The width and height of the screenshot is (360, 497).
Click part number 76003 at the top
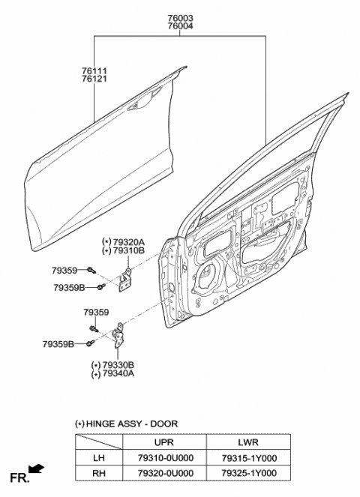click(x=180, y=18)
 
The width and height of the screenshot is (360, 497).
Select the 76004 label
click(x=180, y=26)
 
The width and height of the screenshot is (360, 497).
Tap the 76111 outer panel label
click(x=94, y=70)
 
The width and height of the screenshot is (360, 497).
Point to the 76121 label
click(x=94, y=79)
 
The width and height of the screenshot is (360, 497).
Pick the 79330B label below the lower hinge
click(x=117, y=365)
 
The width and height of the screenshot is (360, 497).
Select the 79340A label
click(x=117, y=374)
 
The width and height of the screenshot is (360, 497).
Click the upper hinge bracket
click(x=125, y=280)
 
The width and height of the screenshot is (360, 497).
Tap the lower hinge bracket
click(x=119, y=336)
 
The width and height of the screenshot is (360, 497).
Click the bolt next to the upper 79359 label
click(x=91, y=270)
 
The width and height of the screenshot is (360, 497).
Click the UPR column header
click(x=164, y=442)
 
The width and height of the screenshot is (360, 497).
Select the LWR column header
click(x=248, y=442)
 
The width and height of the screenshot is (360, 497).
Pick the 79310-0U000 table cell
click(x=166, y=458)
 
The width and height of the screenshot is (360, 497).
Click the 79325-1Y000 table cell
click(x=249, y=473)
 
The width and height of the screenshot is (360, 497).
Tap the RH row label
click(x=99, y=473)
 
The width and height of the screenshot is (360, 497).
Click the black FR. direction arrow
click(x=36, y=469)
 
